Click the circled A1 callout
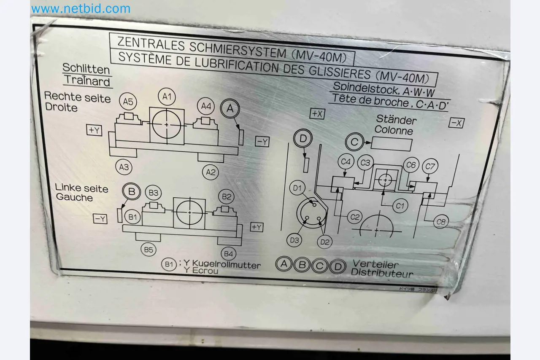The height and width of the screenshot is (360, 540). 167,97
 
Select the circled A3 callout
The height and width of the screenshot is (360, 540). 124,167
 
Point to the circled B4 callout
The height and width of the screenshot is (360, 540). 228,254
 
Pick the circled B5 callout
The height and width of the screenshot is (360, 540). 148,250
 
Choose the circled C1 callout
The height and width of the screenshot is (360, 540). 400,206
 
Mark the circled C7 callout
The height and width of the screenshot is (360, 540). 430,167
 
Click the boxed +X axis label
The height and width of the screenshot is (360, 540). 317,114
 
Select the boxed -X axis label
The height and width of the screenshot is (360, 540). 456,123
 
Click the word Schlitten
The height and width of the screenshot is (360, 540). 86,69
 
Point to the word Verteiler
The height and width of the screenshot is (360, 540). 375,264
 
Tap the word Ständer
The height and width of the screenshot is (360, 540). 396,120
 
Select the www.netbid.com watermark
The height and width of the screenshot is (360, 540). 81,8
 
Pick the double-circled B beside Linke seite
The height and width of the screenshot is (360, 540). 132,191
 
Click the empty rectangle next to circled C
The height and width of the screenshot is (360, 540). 391,144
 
